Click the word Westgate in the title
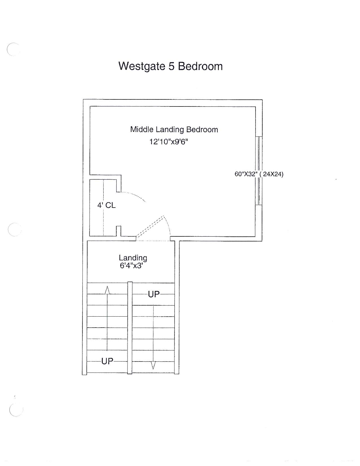point(142,66)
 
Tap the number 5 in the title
point(172,66)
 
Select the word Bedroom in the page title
point(200,66)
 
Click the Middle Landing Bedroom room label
point(174,130)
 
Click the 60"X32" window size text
point(246,174)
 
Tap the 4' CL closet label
point(106,205)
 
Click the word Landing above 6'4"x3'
point(133,258)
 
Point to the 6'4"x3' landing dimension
point(132,266)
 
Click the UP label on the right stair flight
point(154,295)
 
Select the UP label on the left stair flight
point(107,361)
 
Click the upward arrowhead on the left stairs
point(107,290)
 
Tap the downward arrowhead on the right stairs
point(153,365)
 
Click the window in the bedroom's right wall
point(259,171)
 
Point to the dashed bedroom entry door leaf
point(150,227)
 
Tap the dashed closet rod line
point(104,208)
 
